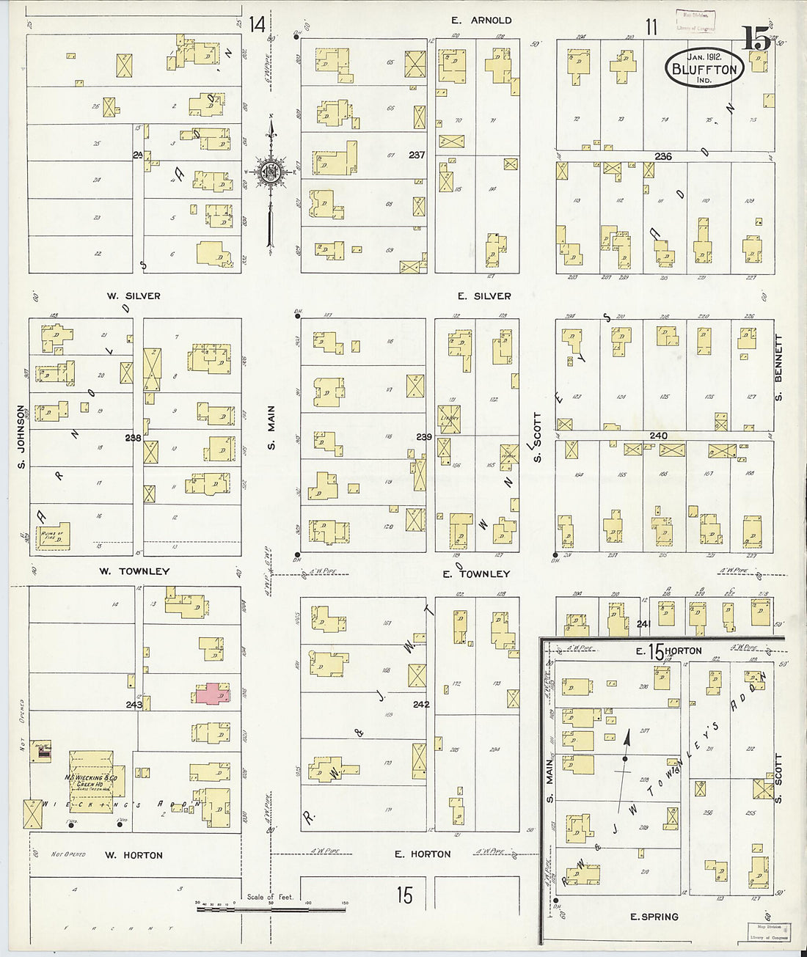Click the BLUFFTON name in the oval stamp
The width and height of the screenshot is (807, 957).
click(704, 69)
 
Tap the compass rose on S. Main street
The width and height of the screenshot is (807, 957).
click(271, 173)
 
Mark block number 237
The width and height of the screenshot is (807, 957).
click(417, 155)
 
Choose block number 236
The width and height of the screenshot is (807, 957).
click(663, 156)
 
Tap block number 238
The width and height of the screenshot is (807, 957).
click(133, 438)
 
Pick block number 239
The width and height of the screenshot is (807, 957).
click(424, 437)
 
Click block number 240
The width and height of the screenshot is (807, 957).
click(658, 436)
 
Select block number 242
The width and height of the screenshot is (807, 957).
click(421, 705)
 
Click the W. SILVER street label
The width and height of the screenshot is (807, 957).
click(134, 296)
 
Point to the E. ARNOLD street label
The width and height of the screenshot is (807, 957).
click(481, 21)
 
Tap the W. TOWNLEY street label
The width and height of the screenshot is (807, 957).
click(134, 571)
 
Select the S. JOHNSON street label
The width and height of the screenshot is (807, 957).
click(21, 437)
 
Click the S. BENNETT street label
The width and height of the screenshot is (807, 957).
click(778, 368)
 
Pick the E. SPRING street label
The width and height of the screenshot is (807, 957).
click(654, 917)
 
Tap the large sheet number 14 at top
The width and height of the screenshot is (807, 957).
click(257, 25)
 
